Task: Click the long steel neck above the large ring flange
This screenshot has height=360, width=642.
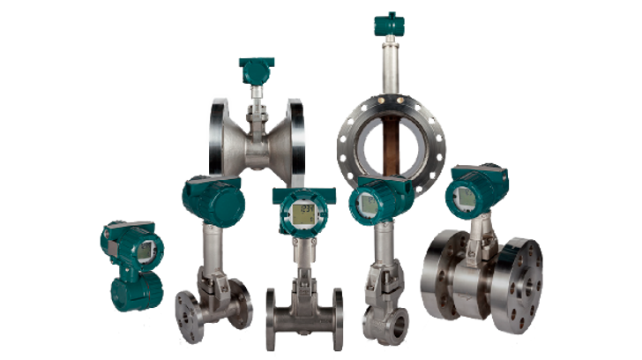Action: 386,66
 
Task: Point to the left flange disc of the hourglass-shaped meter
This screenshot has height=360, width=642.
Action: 217,137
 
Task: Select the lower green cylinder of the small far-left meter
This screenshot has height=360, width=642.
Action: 135,291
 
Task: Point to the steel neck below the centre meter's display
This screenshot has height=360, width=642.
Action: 302,256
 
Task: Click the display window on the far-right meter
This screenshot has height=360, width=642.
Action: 464,197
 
